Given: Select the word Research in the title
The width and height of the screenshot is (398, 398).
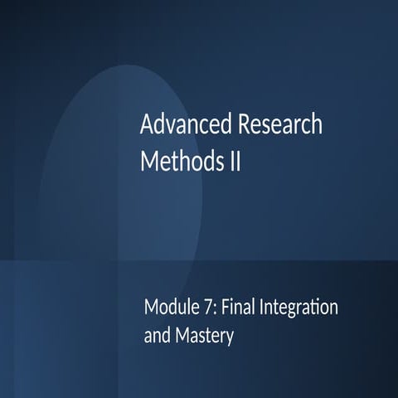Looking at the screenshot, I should [x=280, y=126].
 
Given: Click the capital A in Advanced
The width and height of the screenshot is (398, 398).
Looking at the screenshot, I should [x=147, y=126].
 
